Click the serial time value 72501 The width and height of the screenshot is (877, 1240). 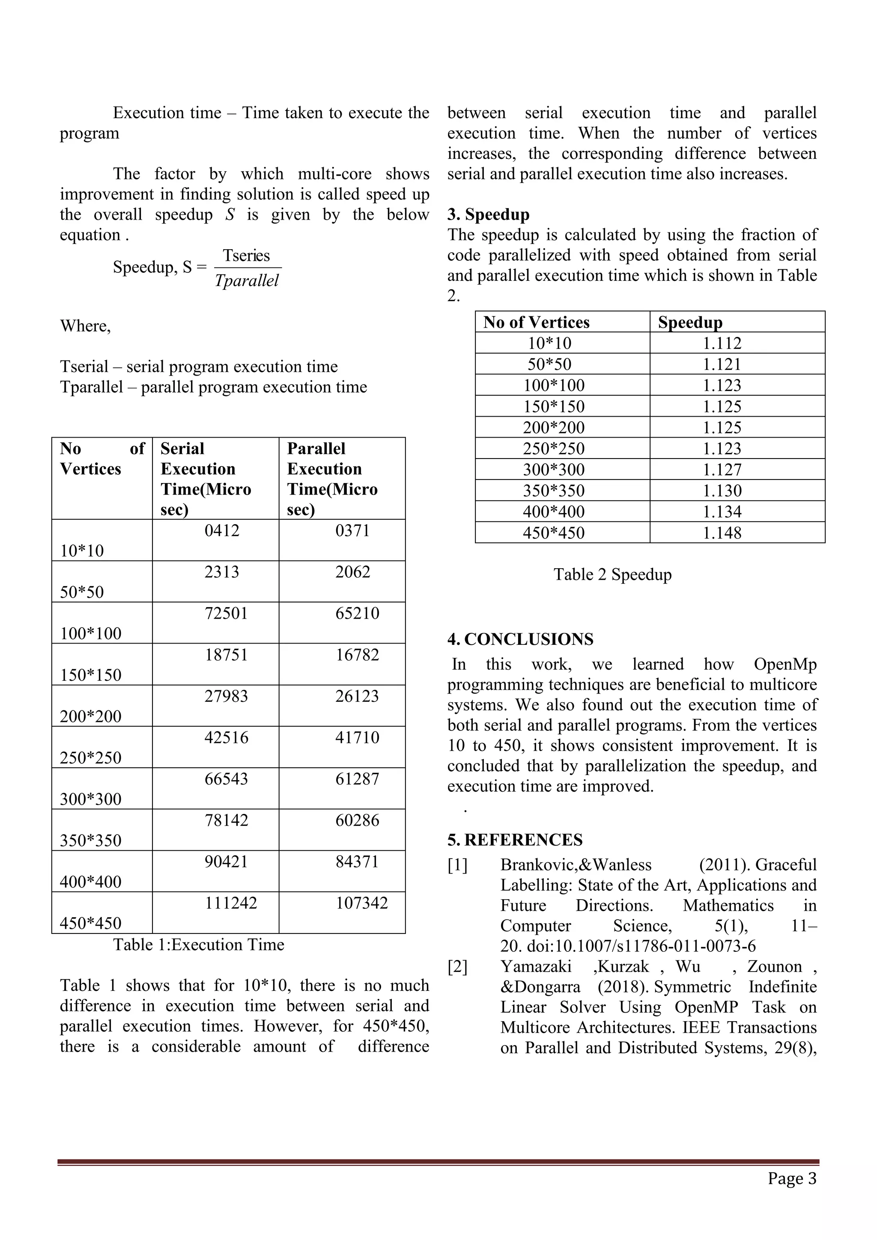tap(226, 613)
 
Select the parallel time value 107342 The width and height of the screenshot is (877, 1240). tap(361, 903)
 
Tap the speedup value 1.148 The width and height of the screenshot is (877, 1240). tap(722, 533)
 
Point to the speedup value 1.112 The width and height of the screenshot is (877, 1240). tap(722, 343)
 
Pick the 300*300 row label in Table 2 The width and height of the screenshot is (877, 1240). tap(554, 469)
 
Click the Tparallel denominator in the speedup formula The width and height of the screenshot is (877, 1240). tap(247, 280)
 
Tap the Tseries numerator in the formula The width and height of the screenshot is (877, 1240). tap(246, 256)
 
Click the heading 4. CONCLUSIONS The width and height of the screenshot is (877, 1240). tap(520, 639)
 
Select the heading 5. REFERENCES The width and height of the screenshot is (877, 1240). tap(515, 839)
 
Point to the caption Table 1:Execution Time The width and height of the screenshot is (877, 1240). tap(198, 945)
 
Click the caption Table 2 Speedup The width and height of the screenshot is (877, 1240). tap(612, 574)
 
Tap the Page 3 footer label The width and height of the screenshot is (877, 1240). tap(792, 1178)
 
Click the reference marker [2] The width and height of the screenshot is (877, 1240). tap(457, 966)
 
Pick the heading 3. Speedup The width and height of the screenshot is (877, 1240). tap(488, 215)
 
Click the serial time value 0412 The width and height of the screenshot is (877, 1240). tap(221, 531)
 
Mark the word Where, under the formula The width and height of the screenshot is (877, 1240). tap(85, 326)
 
